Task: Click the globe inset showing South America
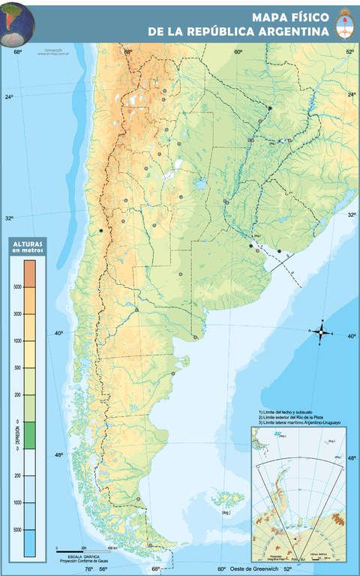[x=18, y=22]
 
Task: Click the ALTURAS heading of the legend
[x=27, y=245]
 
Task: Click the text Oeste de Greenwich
[x=255, y=569]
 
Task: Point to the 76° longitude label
[x=88, y=569]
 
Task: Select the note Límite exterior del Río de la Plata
[x=297, y=417]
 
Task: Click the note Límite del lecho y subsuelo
[x=288, y=412]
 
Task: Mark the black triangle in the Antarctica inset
[x=297, y=540]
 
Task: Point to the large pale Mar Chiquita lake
[x=199, y=184]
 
